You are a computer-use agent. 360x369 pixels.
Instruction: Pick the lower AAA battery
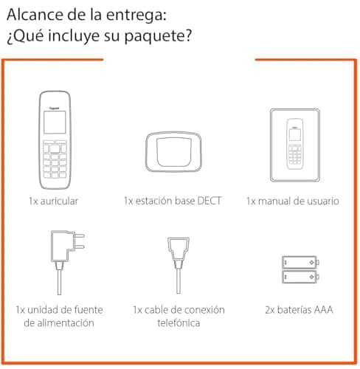pos(298,277)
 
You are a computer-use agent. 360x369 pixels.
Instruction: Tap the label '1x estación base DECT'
pos(173,200)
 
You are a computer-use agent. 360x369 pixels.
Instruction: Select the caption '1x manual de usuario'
pos(293,200)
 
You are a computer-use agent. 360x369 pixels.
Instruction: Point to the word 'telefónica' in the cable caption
pos(179,323)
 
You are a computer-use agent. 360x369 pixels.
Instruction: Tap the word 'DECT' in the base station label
pos(210,200)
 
